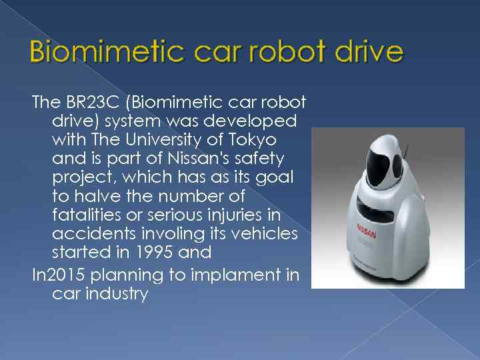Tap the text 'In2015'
(59, 273)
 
